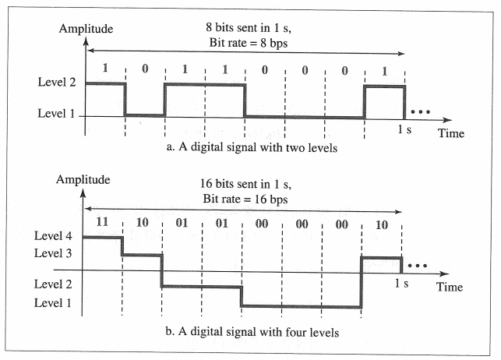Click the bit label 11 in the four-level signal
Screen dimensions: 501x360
coord(102,221)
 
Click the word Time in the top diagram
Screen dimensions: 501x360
coord(450,134)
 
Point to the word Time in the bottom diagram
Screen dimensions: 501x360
coord(450,287)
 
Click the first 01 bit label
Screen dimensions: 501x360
coord(182,221)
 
